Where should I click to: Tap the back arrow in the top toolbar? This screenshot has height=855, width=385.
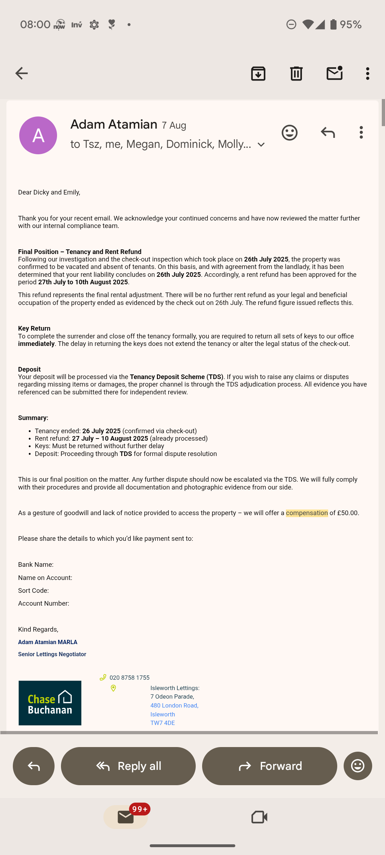(x=21, y=73)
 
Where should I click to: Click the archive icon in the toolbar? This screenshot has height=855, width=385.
(x=258, y=73)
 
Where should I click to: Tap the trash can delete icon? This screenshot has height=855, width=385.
(x=296, y=73)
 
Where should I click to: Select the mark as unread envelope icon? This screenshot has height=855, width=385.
(x=334, y=73)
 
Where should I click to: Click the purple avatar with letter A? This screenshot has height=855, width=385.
(x=38, y=135)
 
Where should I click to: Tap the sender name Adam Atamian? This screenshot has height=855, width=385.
(x=114, y=124)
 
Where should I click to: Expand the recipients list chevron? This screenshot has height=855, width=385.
(x=261, y=145)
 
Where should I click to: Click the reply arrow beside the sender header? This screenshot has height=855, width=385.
(x=328, y=133)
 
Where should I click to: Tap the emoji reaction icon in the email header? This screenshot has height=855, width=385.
(x=289, y=133)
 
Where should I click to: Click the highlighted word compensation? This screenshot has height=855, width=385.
(x=307, y=513)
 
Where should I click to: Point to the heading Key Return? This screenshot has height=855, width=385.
(x=34, y=328)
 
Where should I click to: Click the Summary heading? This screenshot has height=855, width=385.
(x=33, y=418)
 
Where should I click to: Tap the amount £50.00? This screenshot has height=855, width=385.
(x=347, y=513)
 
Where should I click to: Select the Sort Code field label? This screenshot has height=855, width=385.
(x=34, y=591)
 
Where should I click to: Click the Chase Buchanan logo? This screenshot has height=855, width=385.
(x=50, y=703)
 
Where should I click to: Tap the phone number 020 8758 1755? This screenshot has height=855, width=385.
(x=129, y=678)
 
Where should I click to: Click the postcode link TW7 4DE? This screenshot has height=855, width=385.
(x=163, y=723)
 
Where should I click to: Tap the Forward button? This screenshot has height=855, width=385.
(x=269, y=766)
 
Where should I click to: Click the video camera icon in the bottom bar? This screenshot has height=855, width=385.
(x=259, y=817)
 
